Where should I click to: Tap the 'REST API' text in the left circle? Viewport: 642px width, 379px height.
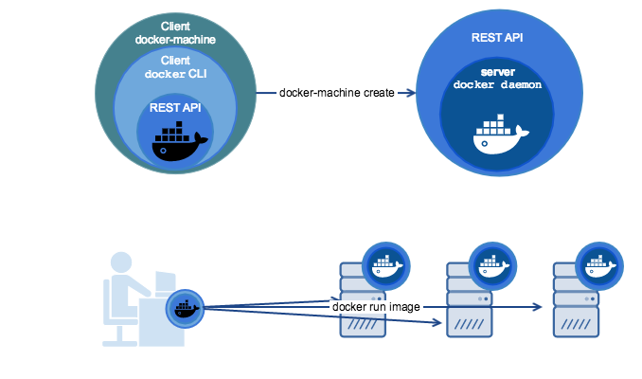pyautogui.click(x=175, y=107)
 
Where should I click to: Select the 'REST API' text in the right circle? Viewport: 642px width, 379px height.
pyautogui.click(x=497, y=39)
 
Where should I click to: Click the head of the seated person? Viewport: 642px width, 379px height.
pyautogui.click(x=121, y=263)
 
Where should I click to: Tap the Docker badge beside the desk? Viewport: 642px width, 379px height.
pyautogui.click(x=185, y=308)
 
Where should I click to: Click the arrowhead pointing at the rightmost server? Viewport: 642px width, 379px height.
pyautogui.click(x=539, y=307)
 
